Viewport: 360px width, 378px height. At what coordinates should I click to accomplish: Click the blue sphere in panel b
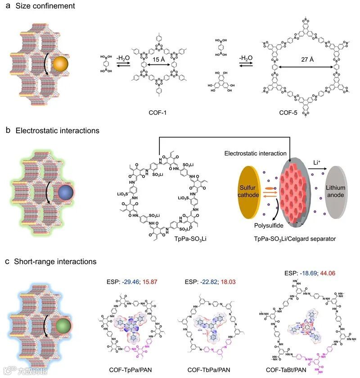pos(65,194)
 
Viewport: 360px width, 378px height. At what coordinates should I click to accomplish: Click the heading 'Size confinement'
pos(43,6)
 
